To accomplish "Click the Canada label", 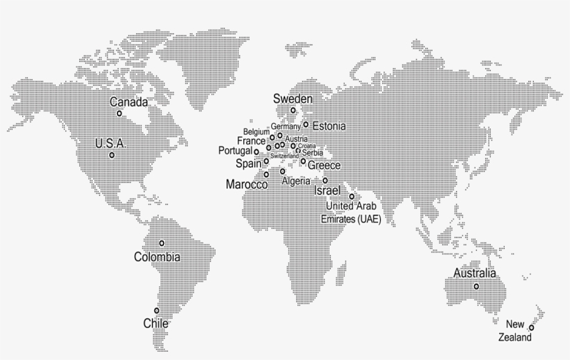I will [x=129, y=102].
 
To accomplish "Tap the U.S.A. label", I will [x=110, y=144].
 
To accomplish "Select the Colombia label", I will [x=157, y=257].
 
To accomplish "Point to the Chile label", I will [x=156, y=323].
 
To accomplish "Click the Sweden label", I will [x=293, y=99].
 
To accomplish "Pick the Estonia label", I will [x=329, y=126].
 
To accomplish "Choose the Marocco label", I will [x=247, y=184].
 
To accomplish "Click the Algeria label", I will [x=296, y=181].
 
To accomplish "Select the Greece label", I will [x=324, y=165].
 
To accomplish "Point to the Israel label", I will [x=328, y=190].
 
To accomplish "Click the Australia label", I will [x=475, y=273].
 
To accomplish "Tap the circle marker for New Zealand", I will [x=531, y=327].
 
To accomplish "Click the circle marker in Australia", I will [x=476, y=286].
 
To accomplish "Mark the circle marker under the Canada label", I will [x=119, y=113].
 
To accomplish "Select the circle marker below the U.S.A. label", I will [x=112, y=155].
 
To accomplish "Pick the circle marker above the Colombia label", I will [x=162, y=243].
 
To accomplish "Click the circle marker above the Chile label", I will [x=156, y=311].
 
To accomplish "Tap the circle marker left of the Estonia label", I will [x=305, y=124].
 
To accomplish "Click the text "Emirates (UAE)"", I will [x=350, y=219].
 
